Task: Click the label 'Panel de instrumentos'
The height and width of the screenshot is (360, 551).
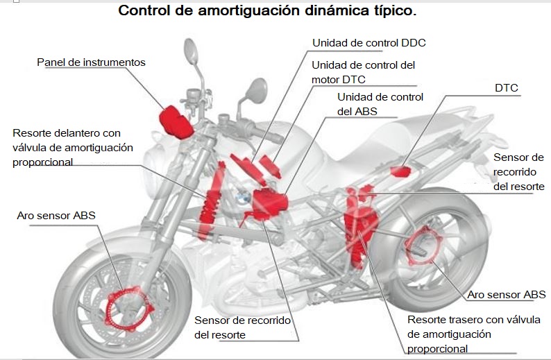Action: point(91,62)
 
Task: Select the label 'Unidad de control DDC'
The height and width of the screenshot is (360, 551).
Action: point(368,43)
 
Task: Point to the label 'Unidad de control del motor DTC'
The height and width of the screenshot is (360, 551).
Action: point(363,72)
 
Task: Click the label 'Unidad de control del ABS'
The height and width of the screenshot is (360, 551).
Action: point(380,104)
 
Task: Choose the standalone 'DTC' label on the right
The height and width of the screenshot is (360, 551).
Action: point(506,88)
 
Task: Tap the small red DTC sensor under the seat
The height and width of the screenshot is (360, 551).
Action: point(400,171)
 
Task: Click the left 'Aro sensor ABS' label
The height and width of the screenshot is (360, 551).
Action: point(56,216)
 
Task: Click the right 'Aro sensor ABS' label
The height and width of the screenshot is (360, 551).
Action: point(506,295)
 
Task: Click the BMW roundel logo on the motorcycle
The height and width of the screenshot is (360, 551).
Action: point(241,199)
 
